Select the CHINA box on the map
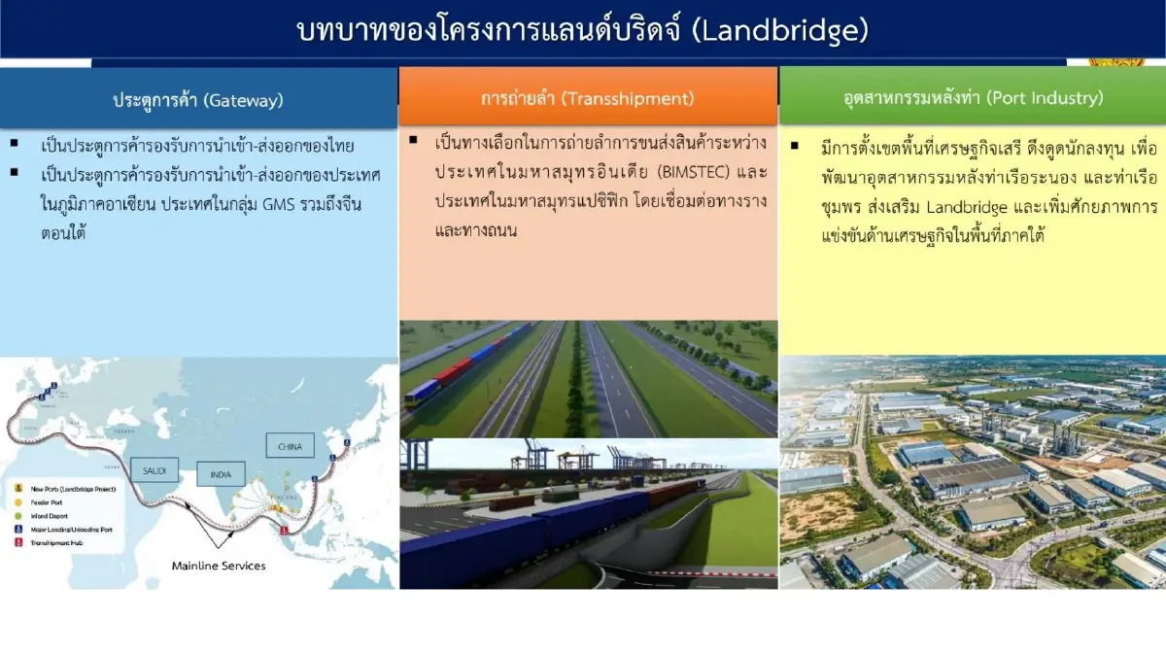pos(290,446)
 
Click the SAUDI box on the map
pos(155,471)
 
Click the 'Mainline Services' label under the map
pos(219,566)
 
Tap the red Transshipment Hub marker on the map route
pos(284,531)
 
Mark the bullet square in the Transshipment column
pos(413,141)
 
